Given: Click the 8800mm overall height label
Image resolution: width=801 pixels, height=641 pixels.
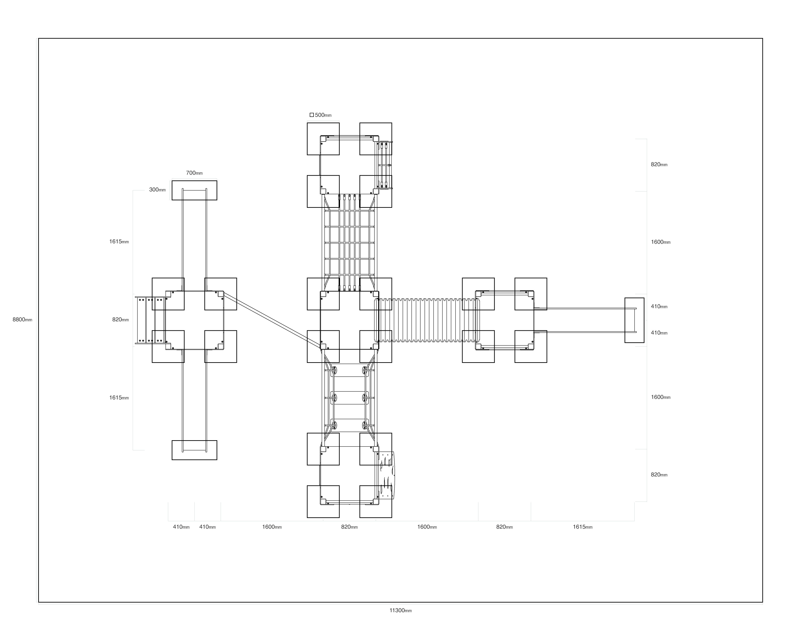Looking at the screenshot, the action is point(22,319).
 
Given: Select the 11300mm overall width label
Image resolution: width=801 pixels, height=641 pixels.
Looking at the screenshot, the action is point(401,610).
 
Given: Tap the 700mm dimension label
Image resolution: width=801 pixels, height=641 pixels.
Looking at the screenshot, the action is point(194,173).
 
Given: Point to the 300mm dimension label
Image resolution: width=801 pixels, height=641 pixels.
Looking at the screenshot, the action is point(158,189).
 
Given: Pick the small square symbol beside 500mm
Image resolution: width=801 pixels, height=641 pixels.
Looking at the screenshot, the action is point(312,115).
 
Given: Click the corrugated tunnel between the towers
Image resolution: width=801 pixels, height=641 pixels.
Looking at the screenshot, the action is point(427,320).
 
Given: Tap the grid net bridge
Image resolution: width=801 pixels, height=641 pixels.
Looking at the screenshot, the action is point(349,242).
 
